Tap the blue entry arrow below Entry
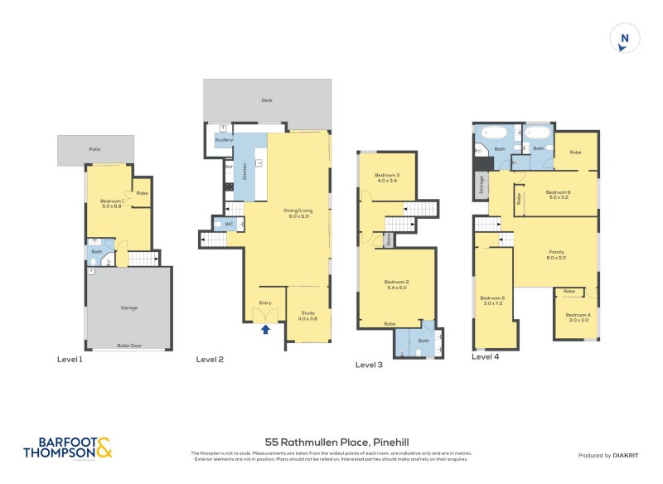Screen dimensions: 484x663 pyautogui.click(x=265, y=330)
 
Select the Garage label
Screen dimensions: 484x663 pyautogui.click(x=128, y=307)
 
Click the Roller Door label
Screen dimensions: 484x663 pyautogui.click(x=128, y=345)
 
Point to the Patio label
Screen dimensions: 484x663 pyautogui.click(x=95, y=149)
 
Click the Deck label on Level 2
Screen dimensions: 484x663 pyautogui.click(x=267, y=101)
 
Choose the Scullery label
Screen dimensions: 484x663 pyautogui.click(x=224, y=140)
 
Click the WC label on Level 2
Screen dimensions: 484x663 pyautogui.click(x=228, y=224)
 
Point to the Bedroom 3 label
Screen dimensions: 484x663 pyautogui.click(x=387, y=177)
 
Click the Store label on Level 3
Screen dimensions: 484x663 pyautogui.click(x=388, y=240)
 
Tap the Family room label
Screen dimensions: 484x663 pyautogui.click(x=556, y=254)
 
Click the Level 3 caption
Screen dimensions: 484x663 pyautogui.click(x=369, y=364)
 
